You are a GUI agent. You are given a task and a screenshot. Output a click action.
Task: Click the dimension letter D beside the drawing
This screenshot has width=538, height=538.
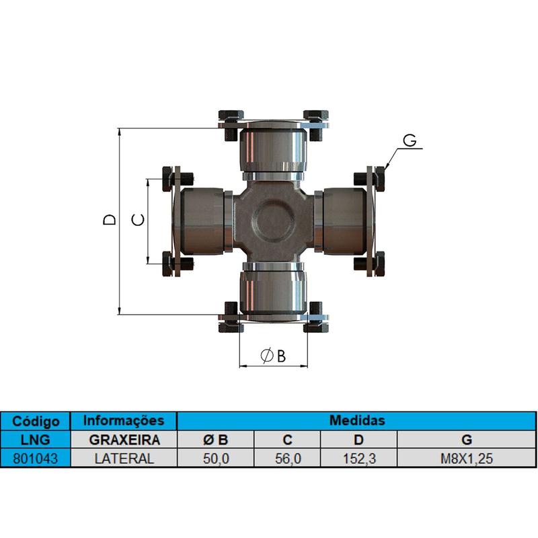tap(110, 220)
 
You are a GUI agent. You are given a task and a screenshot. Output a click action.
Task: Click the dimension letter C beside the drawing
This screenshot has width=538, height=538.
tap(138, 220)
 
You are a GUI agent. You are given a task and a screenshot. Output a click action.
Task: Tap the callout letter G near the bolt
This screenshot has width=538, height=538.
tap(410, 140)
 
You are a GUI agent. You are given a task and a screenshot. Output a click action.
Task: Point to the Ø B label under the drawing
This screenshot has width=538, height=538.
tap(273, 356)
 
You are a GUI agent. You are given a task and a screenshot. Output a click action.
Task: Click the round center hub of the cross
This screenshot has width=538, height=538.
tap(274, 220)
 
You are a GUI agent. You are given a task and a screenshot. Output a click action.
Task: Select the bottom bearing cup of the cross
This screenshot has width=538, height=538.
tap(273, 291)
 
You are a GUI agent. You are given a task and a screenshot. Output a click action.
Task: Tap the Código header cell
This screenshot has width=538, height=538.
tap(36, 421)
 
